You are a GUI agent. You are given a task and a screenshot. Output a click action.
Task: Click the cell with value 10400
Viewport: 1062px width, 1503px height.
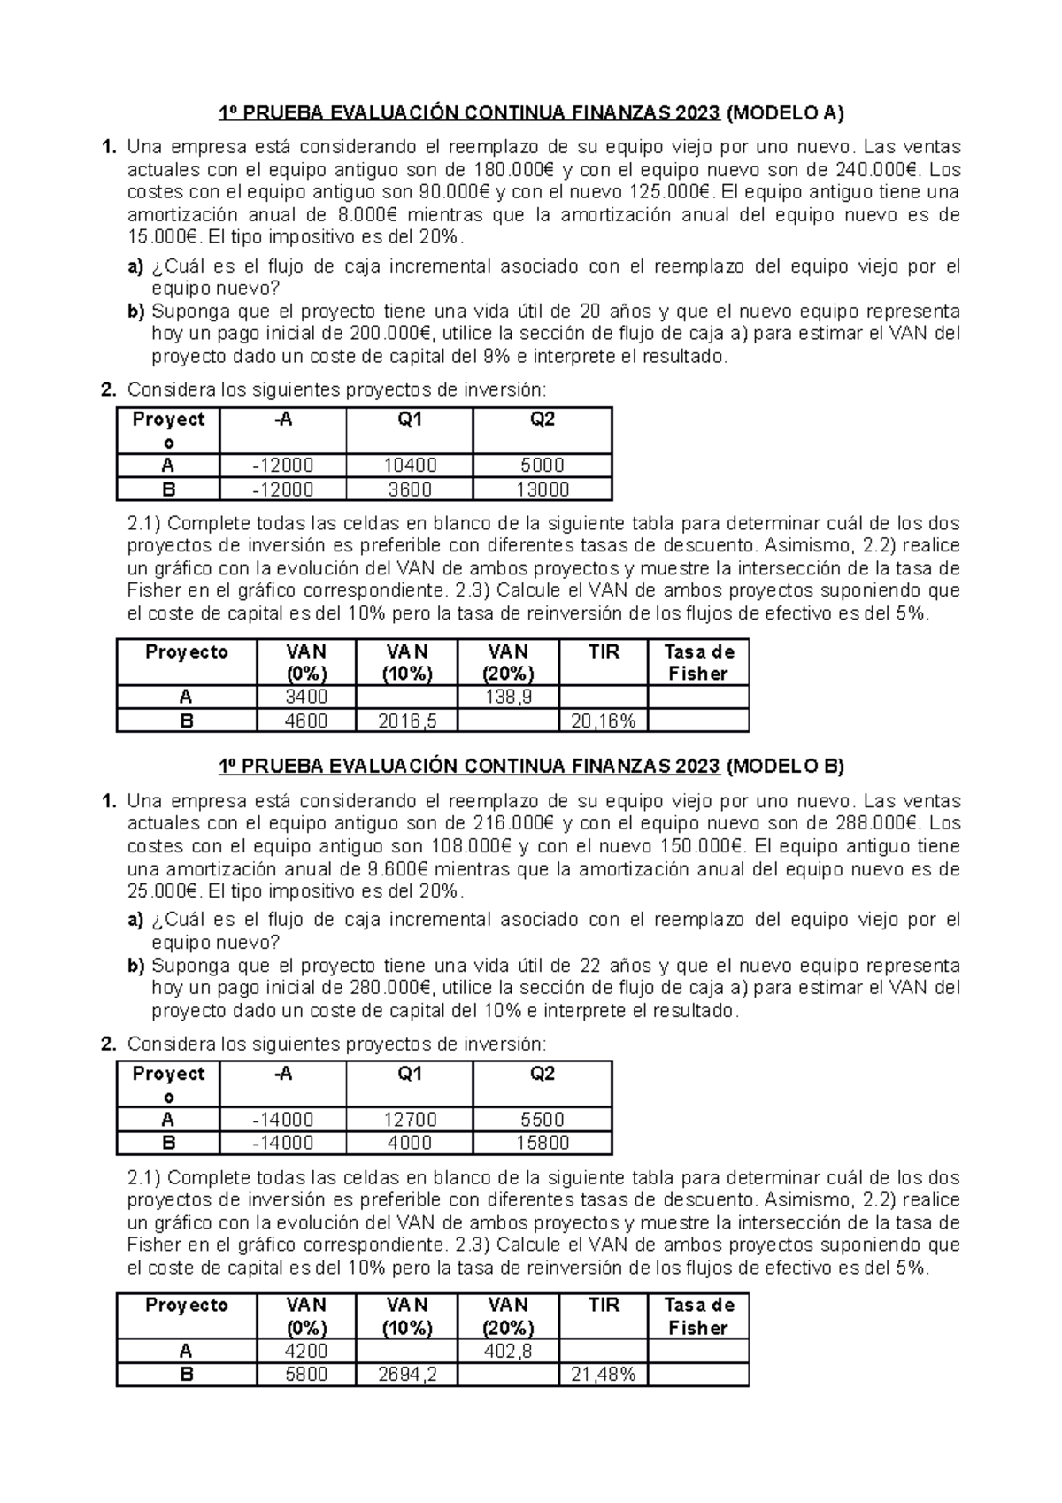coord(410,466)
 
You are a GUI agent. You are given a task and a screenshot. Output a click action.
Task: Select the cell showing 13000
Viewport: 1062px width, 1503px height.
coord(542,489)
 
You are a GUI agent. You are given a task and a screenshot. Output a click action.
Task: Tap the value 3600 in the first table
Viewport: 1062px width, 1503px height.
coord(410,489)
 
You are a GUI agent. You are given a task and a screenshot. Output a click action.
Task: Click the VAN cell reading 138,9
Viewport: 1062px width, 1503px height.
coord(508,698)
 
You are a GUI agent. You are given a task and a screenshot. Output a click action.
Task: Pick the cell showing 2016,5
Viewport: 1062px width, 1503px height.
coord(407,721)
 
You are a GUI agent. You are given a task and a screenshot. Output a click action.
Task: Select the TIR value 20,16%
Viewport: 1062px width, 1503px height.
coord(604,721)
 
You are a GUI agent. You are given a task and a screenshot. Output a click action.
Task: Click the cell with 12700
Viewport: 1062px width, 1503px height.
coord(410,1120)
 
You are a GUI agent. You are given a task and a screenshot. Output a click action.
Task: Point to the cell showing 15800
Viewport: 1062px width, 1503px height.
coord(542,1143)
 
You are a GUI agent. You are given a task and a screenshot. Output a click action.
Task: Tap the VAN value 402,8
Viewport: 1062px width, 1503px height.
coord(508,1352)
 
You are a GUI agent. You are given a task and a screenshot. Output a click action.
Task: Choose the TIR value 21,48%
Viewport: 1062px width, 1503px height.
coord(604,1375)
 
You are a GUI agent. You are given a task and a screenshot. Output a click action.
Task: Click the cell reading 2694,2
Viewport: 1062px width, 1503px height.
coord(407,1375)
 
